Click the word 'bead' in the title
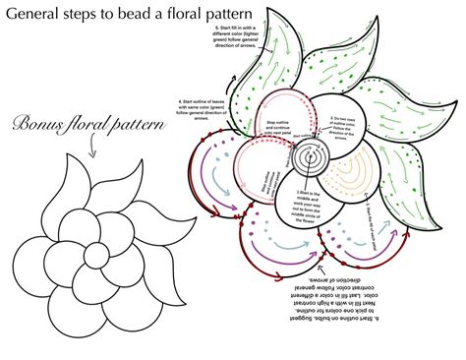pyautogui.click(x=142, y=17)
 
